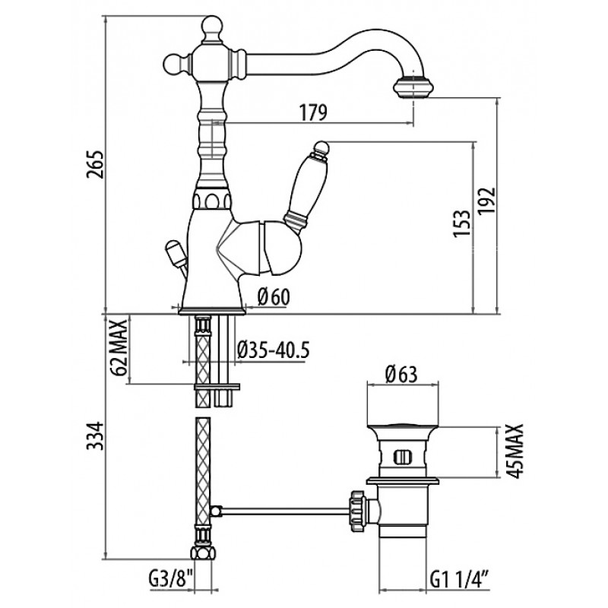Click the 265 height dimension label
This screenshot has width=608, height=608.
pyautogui.click(x=96, y=163)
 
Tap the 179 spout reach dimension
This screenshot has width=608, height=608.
pyautogui.click(x=313, y=112)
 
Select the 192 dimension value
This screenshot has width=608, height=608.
pyautogui.click(x=486, y=201)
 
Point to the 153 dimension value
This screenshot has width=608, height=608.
pyautogui.click(x=462, y=223)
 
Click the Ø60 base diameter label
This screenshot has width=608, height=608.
pyautogui.click(x=274, y=297)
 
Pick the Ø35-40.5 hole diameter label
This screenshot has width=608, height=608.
pyautogui.click(x=273, y=350)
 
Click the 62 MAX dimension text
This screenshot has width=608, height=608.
pyautogui.click(x=119, y=347)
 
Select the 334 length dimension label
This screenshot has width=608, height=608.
pyautogui.click(x=96, y=435)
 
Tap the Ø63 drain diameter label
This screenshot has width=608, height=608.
pyautogui.click(x=401, y=374)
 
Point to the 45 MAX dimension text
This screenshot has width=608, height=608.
pyautogui.click(x=515, y=451)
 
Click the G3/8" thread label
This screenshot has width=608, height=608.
pyautogui.click(x=170, y=581)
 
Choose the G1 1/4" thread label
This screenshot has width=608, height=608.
pyautogui.click(x=459, y=581)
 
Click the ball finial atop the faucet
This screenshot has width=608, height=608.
pyautogui.click(x=213, y=27)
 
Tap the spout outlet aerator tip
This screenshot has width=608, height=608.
pyautogui.click(x=412, y=88)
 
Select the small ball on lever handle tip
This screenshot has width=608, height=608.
pyautogui.click(x=321, y=147)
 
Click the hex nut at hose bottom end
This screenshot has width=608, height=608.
pyautogui.click(x=202, y=553)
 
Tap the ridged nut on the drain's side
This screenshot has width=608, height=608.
pyautogui.click(x=357, y=511)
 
